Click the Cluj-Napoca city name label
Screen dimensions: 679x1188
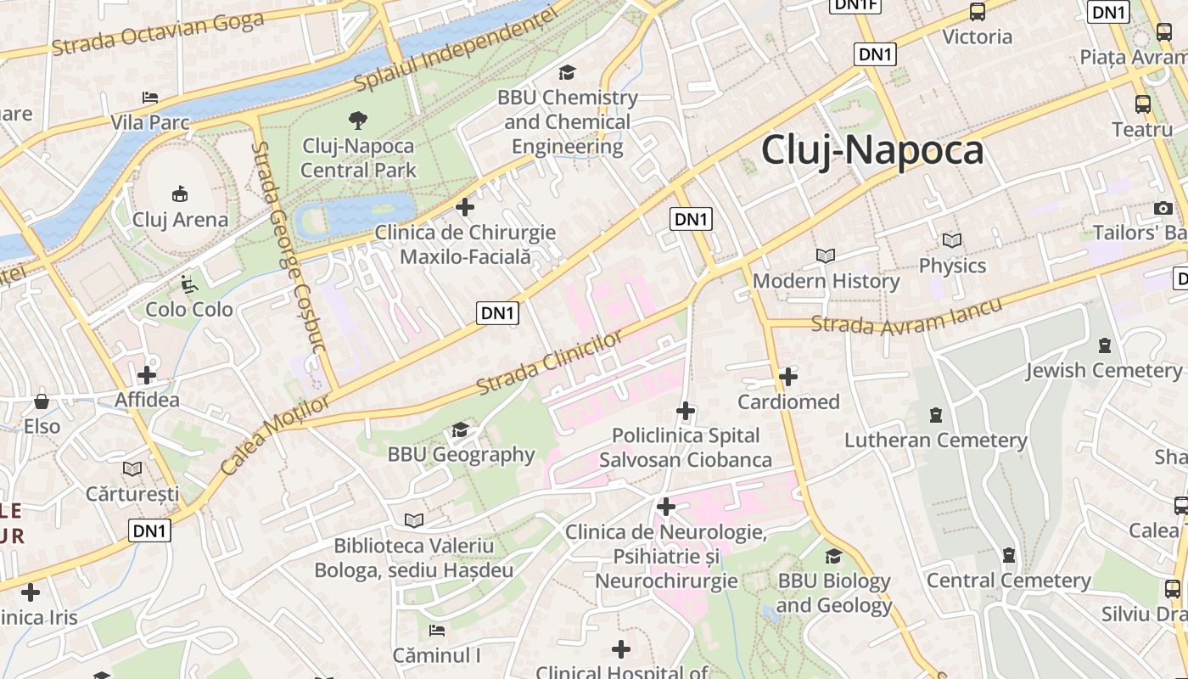[872, 150]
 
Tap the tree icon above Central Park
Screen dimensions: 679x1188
[358, 120]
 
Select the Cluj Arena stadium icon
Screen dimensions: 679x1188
[180, 194]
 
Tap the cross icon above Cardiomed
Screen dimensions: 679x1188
[788, 376]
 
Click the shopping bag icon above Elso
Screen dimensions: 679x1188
[42, 401]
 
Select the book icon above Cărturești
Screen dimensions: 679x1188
[132, 469]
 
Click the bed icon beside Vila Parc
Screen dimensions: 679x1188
[150, 98]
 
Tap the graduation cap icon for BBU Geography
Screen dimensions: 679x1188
[461, 429]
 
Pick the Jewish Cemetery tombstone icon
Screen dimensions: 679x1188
[1104, 345]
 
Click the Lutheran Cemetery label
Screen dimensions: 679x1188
[935, 441]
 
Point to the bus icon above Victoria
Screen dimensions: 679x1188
[978, 12]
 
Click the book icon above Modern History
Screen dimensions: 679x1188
[825, 255]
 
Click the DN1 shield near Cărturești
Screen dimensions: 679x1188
[151, 531]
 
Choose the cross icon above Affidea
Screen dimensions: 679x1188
[147, 374]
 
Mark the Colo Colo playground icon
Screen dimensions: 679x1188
[188, 284]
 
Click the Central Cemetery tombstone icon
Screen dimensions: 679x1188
[1008, 555]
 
